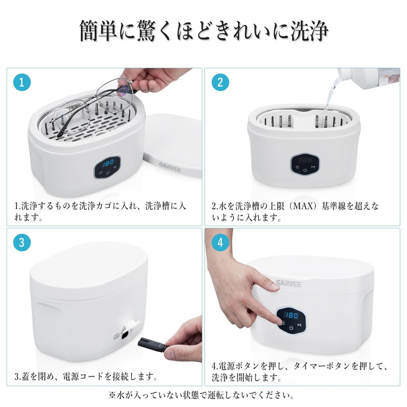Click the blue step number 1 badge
point(21,82)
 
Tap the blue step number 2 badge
point(220,82)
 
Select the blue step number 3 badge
point(21,243)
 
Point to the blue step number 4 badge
point(220,243)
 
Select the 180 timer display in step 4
point(292,315)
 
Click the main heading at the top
point(203,32)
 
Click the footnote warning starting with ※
point(203,394)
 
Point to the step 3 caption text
point(86,377)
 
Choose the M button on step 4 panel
point(300,326)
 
